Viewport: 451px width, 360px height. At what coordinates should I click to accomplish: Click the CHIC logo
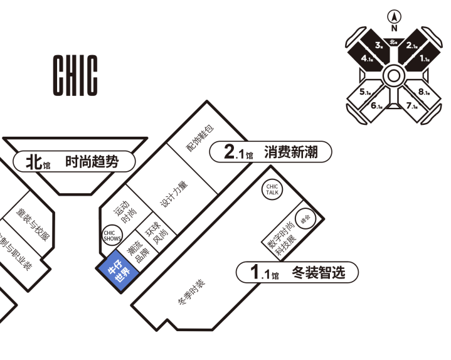coord(75,75)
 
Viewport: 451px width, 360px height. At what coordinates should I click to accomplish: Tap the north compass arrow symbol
coord(394,17)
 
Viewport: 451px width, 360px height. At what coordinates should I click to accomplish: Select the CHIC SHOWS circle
coord(112,235)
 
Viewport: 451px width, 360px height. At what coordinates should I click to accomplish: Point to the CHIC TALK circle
coord(272,189)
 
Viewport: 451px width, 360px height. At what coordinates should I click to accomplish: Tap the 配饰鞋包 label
coord(199,138)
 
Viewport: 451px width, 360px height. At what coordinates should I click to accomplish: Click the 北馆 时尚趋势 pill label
coord(75,162)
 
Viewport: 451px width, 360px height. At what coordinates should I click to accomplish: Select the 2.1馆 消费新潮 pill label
coord(270,152)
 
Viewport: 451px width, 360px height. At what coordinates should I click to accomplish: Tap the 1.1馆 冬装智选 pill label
coord(298,272)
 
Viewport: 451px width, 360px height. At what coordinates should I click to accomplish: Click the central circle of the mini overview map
coord(394,76)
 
